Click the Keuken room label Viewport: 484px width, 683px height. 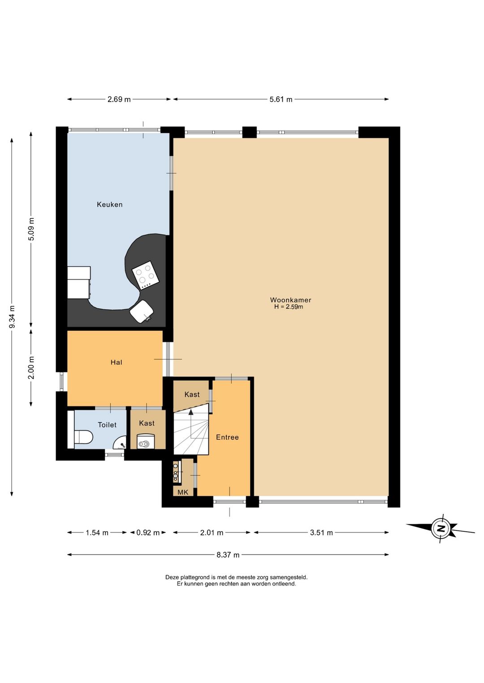click(110, 204)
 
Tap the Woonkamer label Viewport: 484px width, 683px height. click(290, 300)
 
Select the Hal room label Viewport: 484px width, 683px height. click(117, 362)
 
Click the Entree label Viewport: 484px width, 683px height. click(227, 437)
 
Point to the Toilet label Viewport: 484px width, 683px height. click(107, 425)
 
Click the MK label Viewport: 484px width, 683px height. click(183, 492)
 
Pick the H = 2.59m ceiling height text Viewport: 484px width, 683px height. click(289, 307)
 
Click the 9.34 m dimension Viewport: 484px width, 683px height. click(12, 317)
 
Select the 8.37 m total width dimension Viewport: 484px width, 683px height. click(228, 555)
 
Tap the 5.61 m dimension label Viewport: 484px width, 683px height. click(281, 99)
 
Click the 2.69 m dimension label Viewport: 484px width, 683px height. click(119, 99)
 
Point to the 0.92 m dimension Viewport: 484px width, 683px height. click(148, 533)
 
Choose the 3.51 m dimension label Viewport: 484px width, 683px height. click(321, 533)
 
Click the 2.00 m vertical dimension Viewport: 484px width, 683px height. click(31, 367)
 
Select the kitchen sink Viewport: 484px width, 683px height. click(142, 312)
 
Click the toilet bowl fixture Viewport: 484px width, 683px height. click(83, 438)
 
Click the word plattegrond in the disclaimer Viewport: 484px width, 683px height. click(194, 577)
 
